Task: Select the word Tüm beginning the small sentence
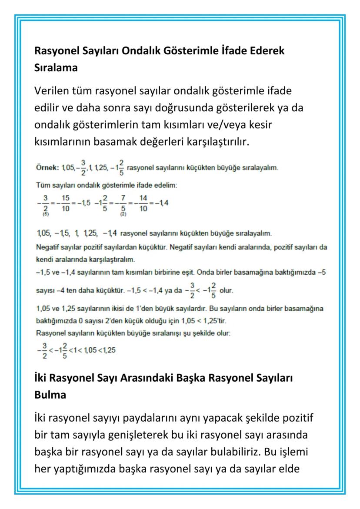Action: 42,186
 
